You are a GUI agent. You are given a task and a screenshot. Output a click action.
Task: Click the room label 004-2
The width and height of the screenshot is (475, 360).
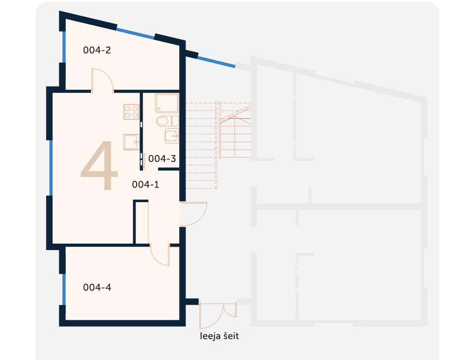tap(97, 50)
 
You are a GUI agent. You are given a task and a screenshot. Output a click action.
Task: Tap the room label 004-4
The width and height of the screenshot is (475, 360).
tap(97, 287)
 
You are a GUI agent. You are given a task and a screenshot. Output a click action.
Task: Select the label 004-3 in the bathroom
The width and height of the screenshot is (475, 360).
tap(162, 158)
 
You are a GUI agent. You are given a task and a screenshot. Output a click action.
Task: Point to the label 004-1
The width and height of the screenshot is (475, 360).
tap(145, 184)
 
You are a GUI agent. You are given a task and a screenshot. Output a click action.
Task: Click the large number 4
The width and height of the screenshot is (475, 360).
tap(99, 165)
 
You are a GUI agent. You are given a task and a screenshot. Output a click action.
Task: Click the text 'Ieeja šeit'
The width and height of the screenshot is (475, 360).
tap(219, 336)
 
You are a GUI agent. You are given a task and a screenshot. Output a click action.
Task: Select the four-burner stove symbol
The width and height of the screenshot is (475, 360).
tap(131, 111)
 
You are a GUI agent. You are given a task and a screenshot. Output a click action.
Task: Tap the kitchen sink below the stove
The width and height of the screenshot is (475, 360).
tap(132, 142)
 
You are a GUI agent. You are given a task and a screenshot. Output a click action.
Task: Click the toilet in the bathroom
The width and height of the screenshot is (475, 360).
tap(167, 121)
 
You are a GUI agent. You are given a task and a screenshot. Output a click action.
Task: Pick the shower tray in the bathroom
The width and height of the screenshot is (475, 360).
tap(167, 103)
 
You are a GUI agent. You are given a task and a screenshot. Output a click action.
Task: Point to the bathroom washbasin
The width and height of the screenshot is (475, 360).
tap(172, 136)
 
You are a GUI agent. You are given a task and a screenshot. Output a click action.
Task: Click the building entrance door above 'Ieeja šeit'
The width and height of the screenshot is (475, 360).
tap(218, 315)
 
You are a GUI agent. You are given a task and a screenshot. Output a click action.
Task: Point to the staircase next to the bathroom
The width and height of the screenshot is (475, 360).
tap(218, 145)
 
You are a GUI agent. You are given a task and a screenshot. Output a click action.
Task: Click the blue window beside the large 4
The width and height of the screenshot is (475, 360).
tap(51, 168)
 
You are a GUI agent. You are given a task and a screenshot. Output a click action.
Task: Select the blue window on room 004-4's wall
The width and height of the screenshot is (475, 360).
tap(64, 289)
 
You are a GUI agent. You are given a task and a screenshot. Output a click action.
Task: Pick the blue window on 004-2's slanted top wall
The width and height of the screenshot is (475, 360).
tap(136, 33)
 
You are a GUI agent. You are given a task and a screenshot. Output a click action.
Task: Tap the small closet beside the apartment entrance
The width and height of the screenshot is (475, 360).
tap(141, 222)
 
